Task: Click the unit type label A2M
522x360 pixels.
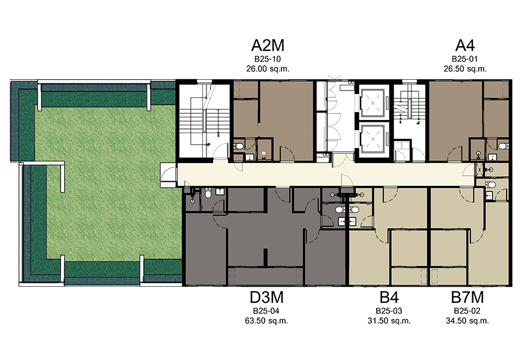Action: pyautogui.click(x=268, y=45)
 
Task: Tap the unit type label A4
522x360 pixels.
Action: pyautogui.click(x=465, y=45)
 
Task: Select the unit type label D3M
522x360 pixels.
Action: pyautogui.click(x=266, y=298)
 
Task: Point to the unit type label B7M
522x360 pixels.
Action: pyautogui.click(x=467, y=298)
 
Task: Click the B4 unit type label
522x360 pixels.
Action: pyautogui.click(x=389, y=298)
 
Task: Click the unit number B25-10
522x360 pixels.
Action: pyautogui.click(x=268, y=59)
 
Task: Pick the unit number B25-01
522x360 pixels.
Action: pyautogui.click(x=465, y=59)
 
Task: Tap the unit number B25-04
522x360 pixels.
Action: pyautogui.click(x=266, y=311)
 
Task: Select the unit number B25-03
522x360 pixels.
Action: pyautogui.click(x=389, y=311)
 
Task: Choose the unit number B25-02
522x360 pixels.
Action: pyautogui.click(x=467, y=311)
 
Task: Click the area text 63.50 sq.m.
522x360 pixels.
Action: pyautogui.click(x=266, y=321)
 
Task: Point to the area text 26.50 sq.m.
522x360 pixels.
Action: pyautogui.click(x=465, y=69)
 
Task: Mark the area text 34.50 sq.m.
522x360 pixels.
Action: pyautogui.click(x=467, y=321)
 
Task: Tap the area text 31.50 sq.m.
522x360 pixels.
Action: pyautogui.click(x=389, y=321)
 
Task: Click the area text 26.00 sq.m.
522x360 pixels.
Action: pyautogui.click(x=268, y=69)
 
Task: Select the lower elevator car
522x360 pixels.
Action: pyautogui.click(x=373, y=139)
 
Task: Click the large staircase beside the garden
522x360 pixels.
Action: pyautogui.click(x=205, y=121)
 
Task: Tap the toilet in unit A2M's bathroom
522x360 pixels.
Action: pyautogui.click(x=239, y=146)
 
